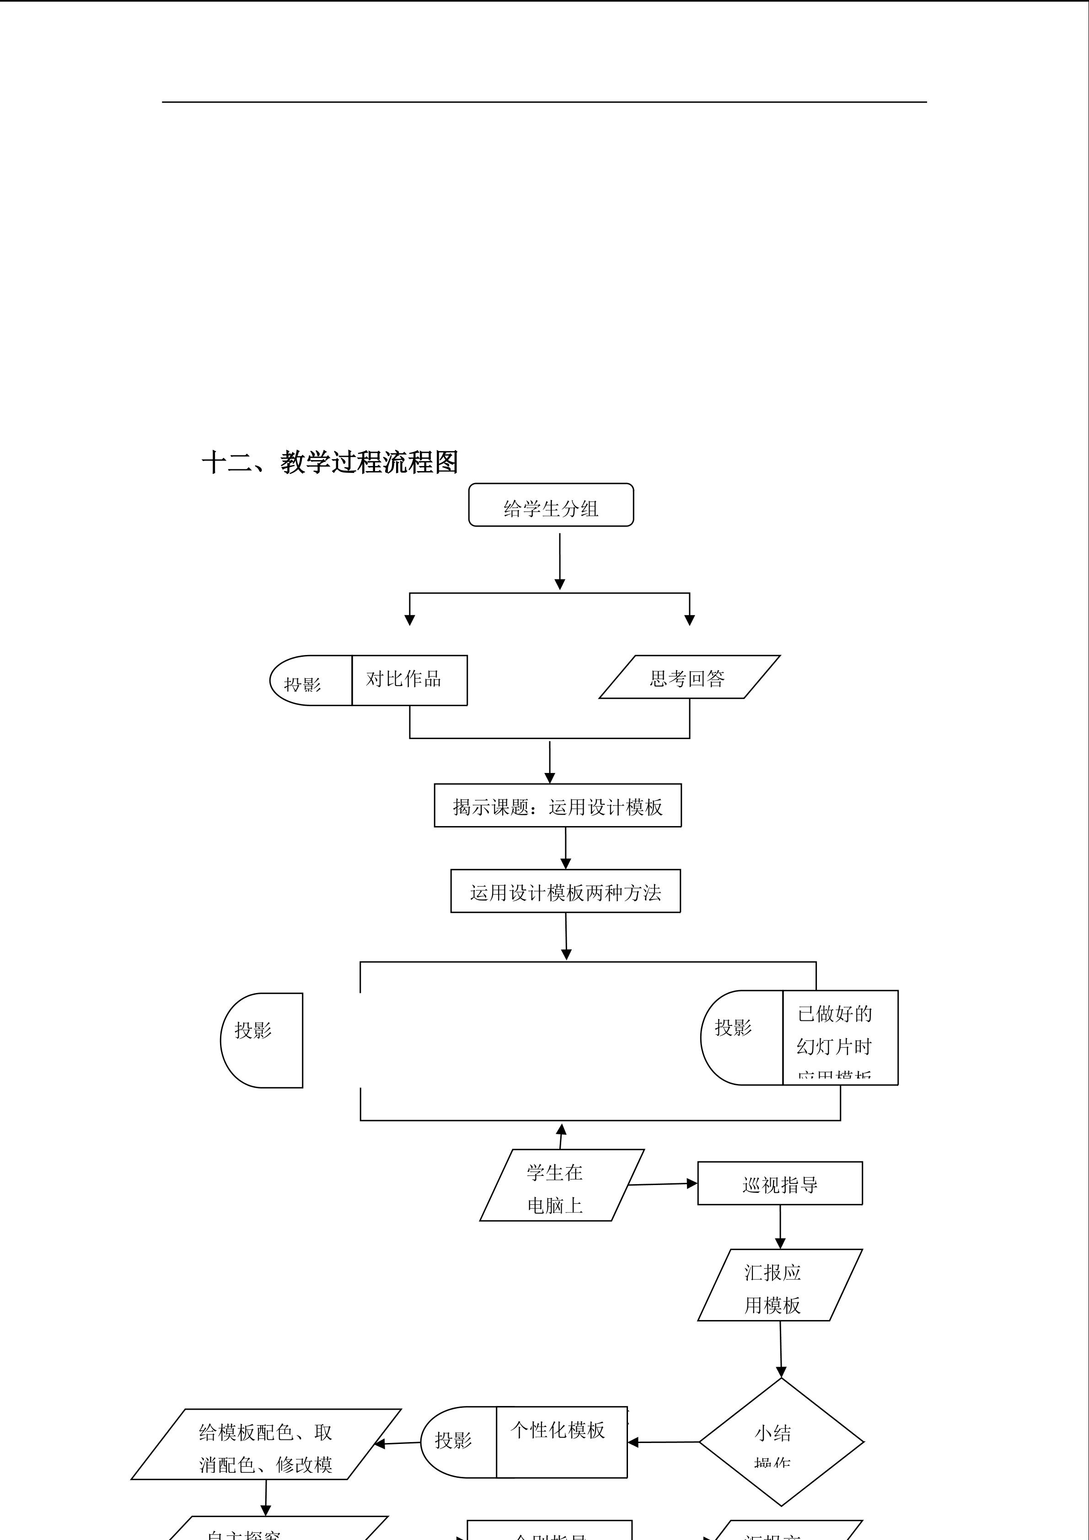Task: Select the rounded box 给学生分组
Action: pos(551,505)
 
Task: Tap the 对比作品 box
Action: pos(409,680)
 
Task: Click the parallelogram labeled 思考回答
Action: pos(689,677)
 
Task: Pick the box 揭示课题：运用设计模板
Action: pos(557,805)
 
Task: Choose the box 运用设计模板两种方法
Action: pos(565,891)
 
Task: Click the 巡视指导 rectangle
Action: pos(779,1184)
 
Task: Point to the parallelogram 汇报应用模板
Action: pos(779,1285)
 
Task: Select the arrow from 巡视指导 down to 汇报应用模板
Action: pos(780,1227)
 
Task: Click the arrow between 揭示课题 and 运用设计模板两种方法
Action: pos(565,848)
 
